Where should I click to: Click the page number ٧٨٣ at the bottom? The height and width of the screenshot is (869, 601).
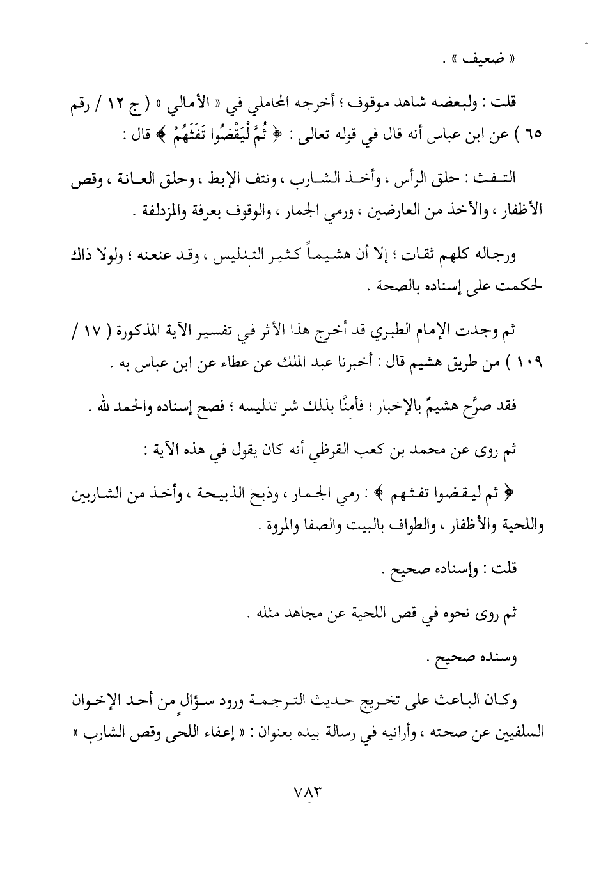pyautogui.click(x=300, y=791)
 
